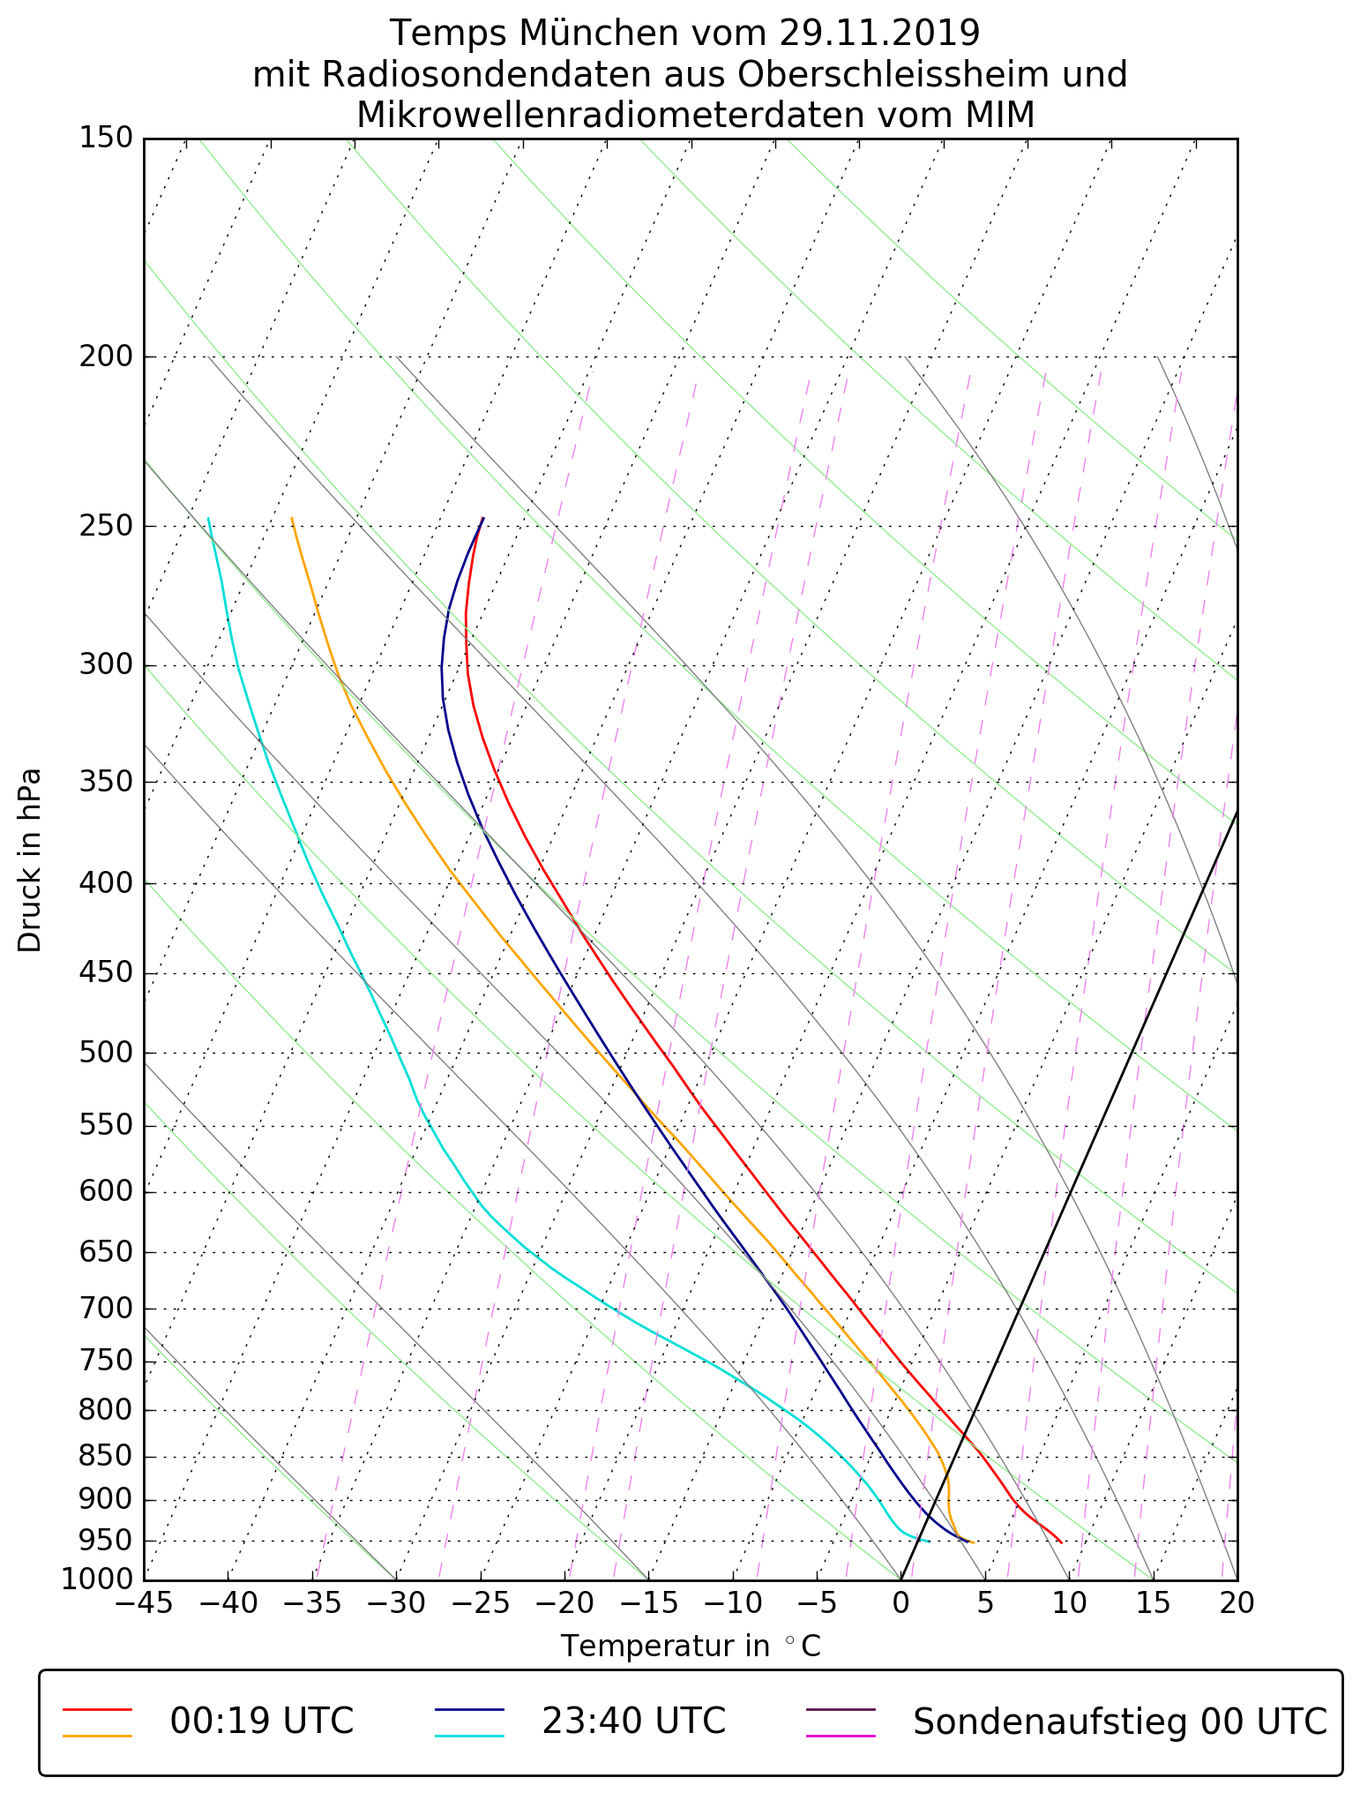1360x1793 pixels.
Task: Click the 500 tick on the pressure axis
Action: pos(105,1053)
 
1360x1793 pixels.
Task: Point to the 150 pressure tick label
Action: pos(105,138)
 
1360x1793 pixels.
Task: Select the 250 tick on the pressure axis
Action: pos(105,526)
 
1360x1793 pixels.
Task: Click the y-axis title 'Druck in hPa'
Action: pos(30,860)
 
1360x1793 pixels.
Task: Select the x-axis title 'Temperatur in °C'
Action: pos(691,1647)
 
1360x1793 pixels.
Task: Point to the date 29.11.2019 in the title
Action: pos(879,34)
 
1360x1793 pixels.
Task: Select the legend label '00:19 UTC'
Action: pos(262,1721)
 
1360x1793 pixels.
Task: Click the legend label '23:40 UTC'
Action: pos(633,1721)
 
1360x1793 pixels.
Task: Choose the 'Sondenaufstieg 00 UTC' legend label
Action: pos(1120,1721)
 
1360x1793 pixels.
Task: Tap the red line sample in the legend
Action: pos(97,1708)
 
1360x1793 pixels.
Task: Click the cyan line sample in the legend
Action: pos(469,1735)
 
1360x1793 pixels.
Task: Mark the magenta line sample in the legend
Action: pos(841,1735)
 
